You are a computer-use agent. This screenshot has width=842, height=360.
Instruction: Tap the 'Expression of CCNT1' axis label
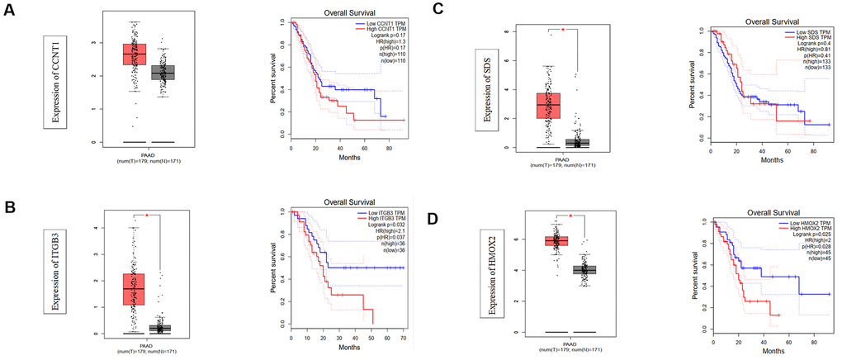[55, 83]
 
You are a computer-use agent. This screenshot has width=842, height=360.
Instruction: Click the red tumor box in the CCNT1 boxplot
[135, 54]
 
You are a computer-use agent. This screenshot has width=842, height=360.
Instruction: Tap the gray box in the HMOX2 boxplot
[584, 270]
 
